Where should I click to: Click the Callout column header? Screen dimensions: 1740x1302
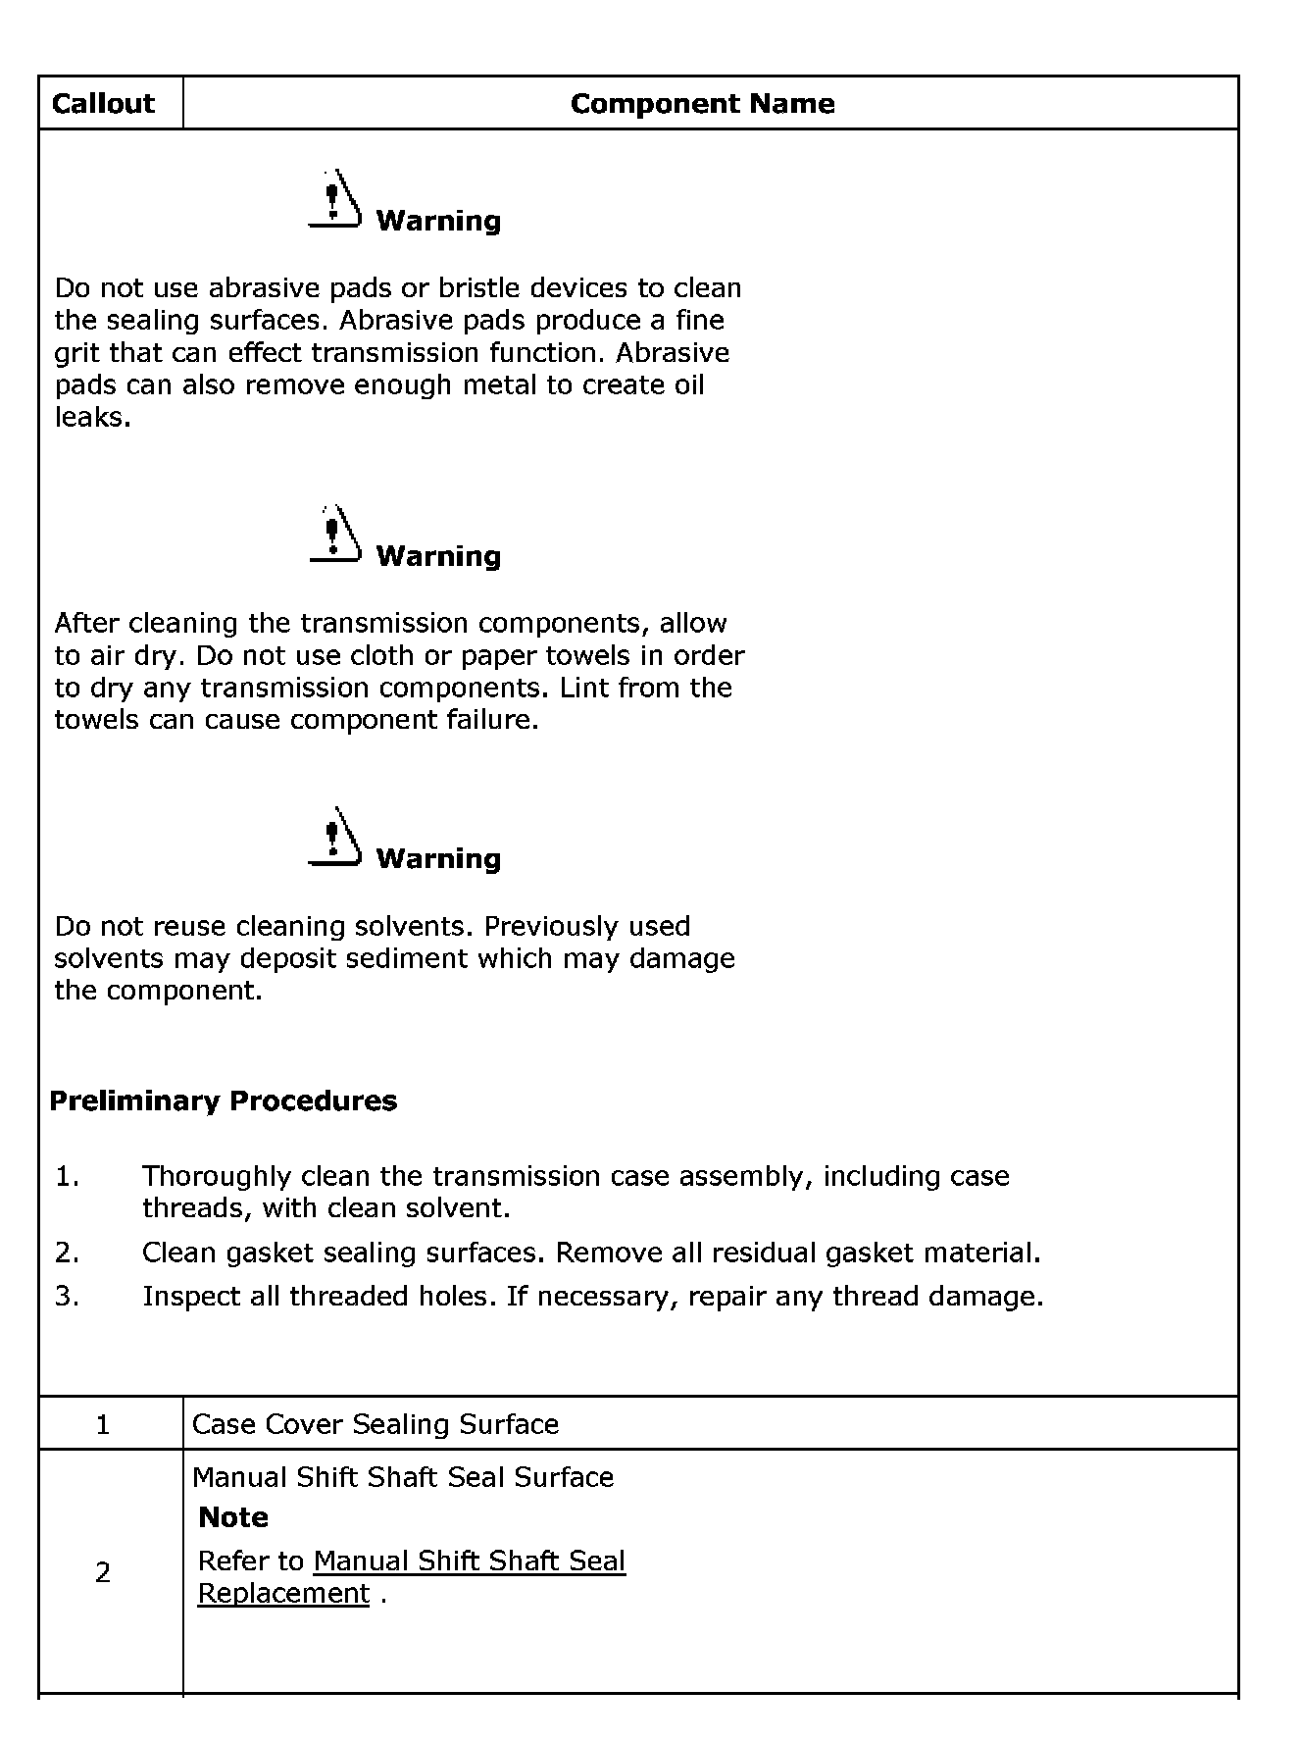coord(103,104)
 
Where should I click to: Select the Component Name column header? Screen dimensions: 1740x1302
coord(702,104)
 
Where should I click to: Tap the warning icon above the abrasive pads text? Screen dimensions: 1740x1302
coord(333,199)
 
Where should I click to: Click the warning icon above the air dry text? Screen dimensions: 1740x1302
coord(333,535)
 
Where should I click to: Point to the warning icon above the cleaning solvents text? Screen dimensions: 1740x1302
coord(333,837)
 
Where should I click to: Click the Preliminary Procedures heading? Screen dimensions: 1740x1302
coord(224,1100)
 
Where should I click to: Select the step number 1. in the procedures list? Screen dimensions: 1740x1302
coord(67,1176)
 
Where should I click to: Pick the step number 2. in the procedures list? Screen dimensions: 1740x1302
coord(67,1253)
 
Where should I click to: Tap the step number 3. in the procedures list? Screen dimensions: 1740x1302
coord(67,1297)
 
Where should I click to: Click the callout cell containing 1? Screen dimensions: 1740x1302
coord(103,1424)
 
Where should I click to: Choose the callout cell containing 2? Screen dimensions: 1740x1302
coord(103,1573)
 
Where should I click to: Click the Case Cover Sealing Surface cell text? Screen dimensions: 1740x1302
coord(376,1424)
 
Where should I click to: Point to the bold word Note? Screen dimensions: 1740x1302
coord(233,1517)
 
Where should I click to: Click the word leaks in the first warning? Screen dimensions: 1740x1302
coord(90,418)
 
